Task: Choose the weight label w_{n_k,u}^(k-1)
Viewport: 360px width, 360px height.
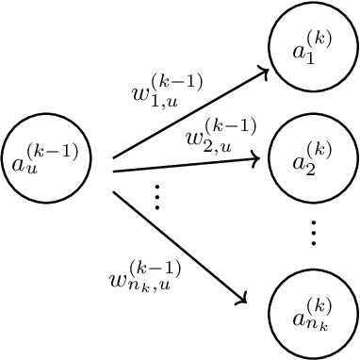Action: click(146, 272)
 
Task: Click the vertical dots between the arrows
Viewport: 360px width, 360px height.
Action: click(156, 197)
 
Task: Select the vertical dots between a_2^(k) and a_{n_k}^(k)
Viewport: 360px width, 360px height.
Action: click(312, 231)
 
